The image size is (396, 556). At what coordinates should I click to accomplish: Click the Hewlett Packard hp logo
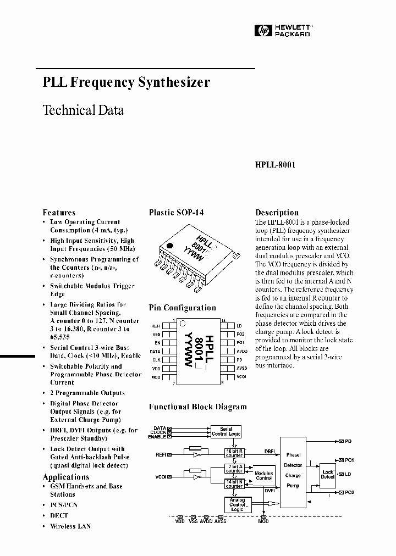pyautogui.click(x=260, y=31)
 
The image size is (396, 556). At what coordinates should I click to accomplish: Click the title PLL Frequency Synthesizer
pyautogui.click(x=126, y=82)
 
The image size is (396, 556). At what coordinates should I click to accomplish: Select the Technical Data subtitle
pyautogui.click(x=83, y=110)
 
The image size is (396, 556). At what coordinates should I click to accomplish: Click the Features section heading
pyautogui.click(x=59, y=213)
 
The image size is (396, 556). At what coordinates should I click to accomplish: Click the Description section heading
pyautogui.click(x=277, y=213)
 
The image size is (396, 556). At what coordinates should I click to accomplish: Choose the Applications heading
pyautogui.click(x=65, y=477)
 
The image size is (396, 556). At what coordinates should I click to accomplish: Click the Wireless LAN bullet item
pyautogui.click(x=70, y=526)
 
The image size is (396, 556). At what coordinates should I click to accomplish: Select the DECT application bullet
pyautogui.click(x=59, y=515)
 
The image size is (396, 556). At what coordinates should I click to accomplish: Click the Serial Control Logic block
pyautogui.click(x=226, y=431)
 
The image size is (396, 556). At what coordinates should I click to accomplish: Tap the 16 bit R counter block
pyautogui.click(x=234, y=453)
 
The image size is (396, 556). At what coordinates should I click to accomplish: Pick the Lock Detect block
pyautogui.click(x=328, y=474)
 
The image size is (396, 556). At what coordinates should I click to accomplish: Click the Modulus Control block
pyautogui.click(x=264, y=475)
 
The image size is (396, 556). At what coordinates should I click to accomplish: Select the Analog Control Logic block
pyautogui.click(x=237, y=504)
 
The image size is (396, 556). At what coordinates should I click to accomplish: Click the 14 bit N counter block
pyautogui.click(x=234, y=483)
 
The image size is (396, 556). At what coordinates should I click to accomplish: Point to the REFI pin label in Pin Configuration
pyautogui.click(x=157, y=325)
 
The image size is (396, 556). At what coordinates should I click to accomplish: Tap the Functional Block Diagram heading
pyautogui.click(x=198, y=407)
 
